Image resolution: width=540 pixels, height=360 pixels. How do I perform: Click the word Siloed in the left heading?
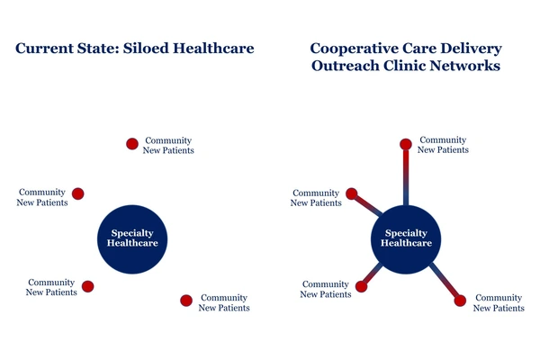point(146,49)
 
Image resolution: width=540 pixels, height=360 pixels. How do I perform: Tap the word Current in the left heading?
point(44,49)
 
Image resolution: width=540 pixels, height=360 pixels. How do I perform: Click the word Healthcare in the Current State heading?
point(213,49)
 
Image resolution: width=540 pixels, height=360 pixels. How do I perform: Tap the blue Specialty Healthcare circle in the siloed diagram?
point(132,239)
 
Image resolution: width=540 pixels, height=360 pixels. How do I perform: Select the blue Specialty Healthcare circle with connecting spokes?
point(406,239)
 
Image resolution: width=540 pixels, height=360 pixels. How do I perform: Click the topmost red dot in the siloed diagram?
point(132,144)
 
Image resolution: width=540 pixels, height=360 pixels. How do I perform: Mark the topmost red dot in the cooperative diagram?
point(406,144)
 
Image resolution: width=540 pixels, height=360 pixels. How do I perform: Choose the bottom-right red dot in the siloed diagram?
point(186,301)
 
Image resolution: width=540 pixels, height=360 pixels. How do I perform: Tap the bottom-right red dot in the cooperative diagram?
point(460,301)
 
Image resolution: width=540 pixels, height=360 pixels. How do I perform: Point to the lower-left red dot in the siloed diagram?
point(88,286)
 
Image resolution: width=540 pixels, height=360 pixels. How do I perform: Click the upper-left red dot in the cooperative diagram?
point(352,193)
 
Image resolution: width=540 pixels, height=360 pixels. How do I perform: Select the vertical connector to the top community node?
point(406,177)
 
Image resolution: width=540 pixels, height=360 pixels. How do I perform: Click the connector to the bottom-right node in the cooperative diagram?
point(444,280)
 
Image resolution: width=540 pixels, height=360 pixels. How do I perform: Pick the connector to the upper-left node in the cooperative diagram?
point(367,205)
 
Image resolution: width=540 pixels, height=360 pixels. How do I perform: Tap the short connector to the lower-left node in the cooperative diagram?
point(373,274)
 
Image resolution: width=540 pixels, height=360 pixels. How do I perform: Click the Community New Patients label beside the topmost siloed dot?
point(168,146)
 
